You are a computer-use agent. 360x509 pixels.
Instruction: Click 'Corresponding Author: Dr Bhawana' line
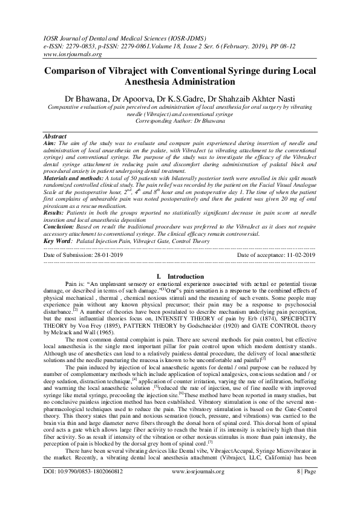[180, 121]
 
